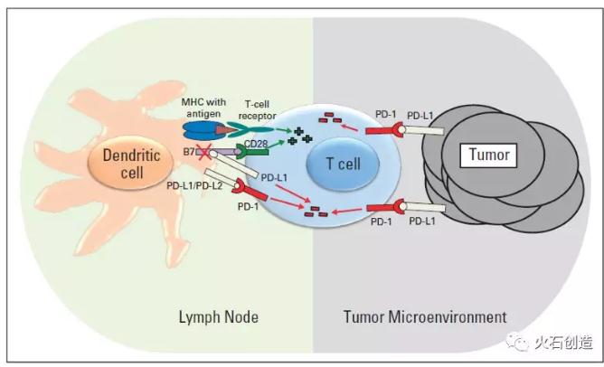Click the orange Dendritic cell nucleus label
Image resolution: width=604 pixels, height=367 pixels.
(x=130, y=164)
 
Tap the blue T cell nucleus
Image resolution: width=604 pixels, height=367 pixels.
(x=343, y=164)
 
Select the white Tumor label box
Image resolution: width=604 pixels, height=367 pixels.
(x=488, y=155)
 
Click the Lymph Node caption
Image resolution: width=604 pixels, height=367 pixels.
(x=219, y=317)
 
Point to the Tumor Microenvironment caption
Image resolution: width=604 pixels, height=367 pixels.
(x=425, y=317)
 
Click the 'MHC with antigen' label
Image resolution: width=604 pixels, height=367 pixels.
(x=203, y=108)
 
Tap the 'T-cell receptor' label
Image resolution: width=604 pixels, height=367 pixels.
(x=257, y=109)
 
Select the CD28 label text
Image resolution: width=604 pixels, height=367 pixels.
(x=256, y=144)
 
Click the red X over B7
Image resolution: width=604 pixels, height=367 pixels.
(x=203, y=152)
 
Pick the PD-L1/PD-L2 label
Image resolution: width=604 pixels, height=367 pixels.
(x=194, y=185)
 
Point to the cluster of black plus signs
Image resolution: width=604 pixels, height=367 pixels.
(x=300, y=136)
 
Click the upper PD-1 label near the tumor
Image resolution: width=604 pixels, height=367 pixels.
(x=385, y=115)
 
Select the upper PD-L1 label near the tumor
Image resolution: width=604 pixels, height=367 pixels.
(x=420, y=115)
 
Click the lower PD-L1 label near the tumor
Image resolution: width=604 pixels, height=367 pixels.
(x=422, y=221)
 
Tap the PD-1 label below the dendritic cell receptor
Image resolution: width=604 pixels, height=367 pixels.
(x=248, y=206)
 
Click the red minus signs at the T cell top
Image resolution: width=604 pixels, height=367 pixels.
(x=330, y=118)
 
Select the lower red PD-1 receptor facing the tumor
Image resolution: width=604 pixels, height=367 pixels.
(x=386, y=208)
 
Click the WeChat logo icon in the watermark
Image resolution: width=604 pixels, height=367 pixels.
(x=517, y=341)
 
